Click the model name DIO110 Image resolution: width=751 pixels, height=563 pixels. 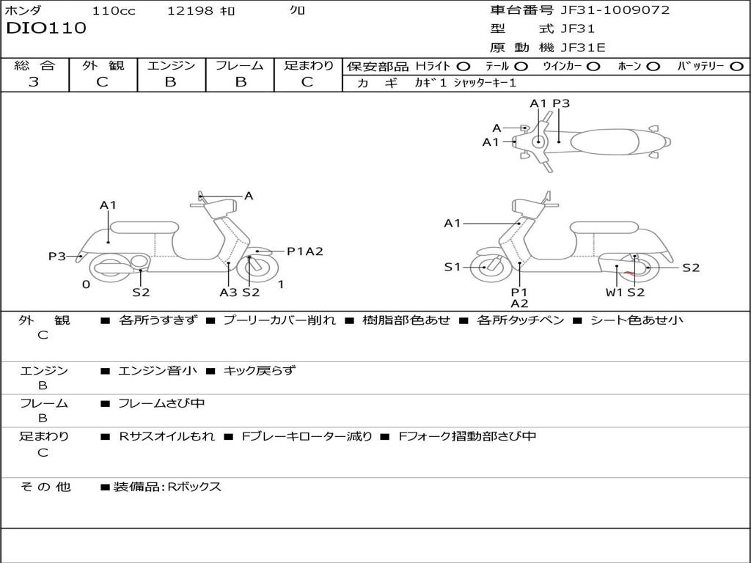tap(46, 29)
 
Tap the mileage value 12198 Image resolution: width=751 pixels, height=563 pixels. tap(190, 11)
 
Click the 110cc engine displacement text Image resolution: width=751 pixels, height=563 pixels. tap(113, 11)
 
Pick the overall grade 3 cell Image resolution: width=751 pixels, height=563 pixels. tap(34, 81)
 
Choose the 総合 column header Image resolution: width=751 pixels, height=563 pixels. tap(34, 65)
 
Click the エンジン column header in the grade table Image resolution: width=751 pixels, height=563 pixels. tap(171, 65)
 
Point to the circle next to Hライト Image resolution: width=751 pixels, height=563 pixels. tap(464, 66)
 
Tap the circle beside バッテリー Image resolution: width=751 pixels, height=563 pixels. tap(736, 66)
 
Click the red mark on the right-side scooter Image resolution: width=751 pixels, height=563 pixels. tap(628, 273)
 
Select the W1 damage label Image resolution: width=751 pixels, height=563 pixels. tap(614, 292)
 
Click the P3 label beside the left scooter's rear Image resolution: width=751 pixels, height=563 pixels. tap(57, 257)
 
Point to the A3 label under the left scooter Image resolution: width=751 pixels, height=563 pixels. tap(228, 292)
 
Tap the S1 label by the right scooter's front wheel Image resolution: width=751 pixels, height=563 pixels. tap(453, 268)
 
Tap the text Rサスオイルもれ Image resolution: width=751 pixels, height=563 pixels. tap(167, 436)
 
